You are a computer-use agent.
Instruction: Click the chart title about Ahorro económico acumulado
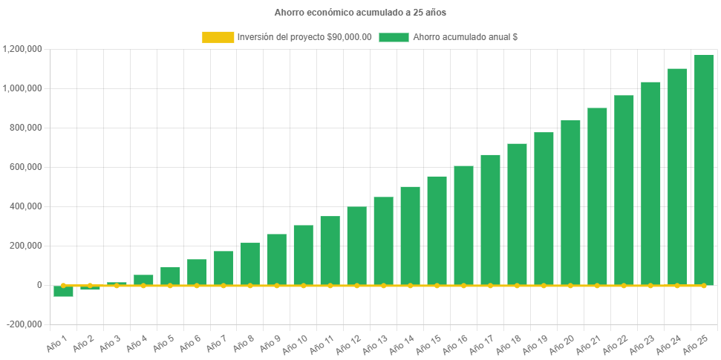pos(360,13)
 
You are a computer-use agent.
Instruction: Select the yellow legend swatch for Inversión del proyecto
pos(218,37)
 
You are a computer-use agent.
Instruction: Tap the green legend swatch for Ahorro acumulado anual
pos(394,37)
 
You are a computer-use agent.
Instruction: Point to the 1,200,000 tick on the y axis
pos(22,49)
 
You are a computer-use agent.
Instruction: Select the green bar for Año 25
pos(703,170)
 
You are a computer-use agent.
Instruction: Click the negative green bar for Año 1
pos(63,291)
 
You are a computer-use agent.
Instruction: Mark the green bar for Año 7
pos(224,268)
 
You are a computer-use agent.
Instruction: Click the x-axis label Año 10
pos(296,342)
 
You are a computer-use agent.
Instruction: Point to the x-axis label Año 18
pos(510,342)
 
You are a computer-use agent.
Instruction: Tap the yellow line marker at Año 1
pos(63,285)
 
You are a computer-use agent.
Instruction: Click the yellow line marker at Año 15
pos(437,285)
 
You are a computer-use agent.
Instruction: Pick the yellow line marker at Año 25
pos(703,285)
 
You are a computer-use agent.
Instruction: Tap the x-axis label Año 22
pos(617,342)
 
